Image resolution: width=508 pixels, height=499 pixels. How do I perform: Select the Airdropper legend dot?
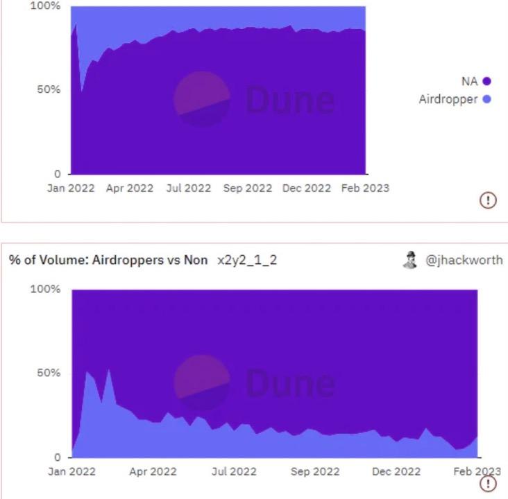(x=486, y=100)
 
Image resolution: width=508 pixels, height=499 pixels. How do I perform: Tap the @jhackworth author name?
(x=464, y=260)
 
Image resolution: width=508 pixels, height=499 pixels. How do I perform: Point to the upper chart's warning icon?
(x=488, y=200)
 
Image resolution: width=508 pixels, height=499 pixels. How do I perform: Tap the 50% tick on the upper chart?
(x=49, y=90)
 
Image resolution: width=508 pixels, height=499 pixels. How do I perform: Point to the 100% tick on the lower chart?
(x=46, y=289)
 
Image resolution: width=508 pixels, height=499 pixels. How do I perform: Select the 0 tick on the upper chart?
(x=58, y=173)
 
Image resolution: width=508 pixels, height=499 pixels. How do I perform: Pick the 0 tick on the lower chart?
(x=58, y=457)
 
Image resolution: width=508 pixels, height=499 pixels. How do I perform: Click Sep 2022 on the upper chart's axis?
(x=248, y=189)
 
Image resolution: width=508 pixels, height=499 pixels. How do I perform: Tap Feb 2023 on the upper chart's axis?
(x=365, y=189)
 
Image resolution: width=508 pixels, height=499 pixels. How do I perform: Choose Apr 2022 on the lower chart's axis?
(x=153, y=472)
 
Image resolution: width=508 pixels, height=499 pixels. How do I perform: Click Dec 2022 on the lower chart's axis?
(x=396, y=472)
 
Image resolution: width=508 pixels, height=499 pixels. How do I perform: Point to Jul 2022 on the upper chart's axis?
(x=188, y=189)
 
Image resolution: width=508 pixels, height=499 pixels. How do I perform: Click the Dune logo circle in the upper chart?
(x=201, y=100)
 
